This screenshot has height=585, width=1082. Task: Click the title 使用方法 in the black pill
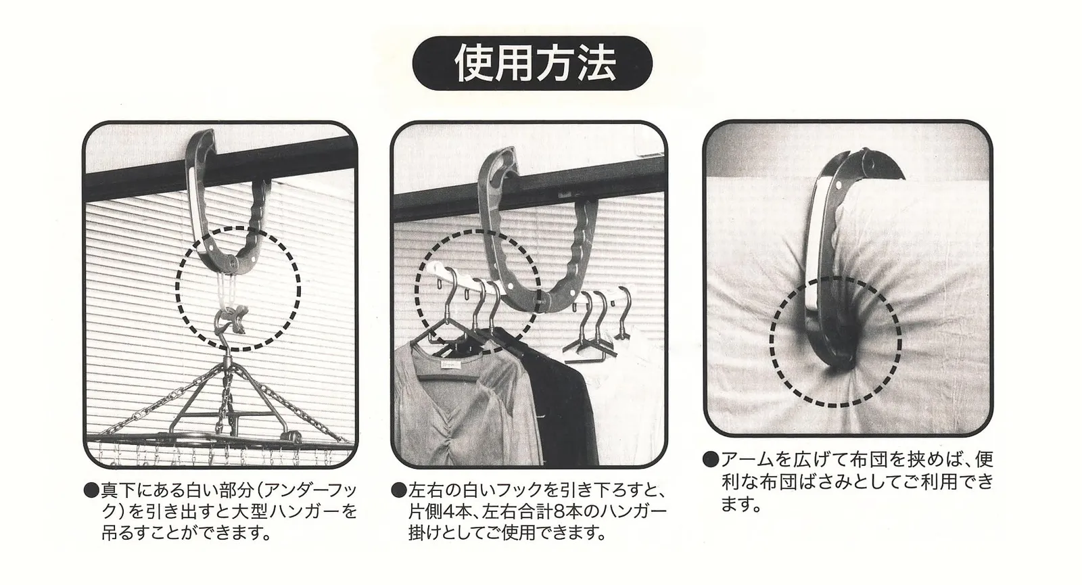535,64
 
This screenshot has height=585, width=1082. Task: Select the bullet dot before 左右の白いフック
398,490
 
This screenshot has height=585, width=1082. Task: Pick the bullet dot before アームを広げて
710,459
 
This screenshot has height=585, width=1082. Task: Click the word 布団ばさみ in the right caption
806,482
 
